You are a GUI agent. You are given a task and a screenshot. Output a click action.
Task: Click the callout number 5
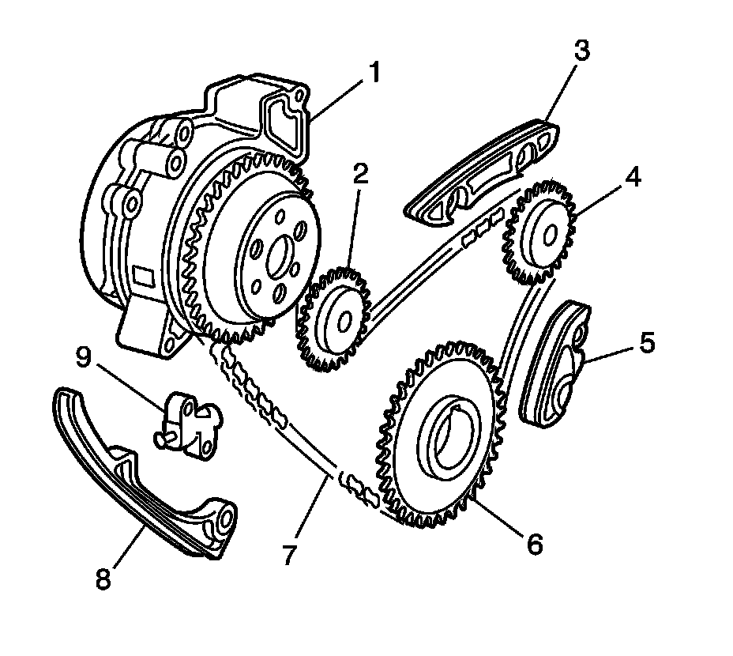pyautogui.click(x=646, y=342)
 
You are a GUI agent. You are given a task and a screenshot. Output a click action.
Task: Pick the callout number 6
pyautogui.click(x=534, y=543)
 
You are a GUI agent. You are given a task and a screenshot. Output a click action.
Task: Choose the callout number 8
pyautogui.click(x=102, y=579)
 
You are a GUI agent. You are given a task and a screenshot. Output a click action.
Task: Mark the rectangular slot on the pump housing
pyautogui.click(x=145, y=277)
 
